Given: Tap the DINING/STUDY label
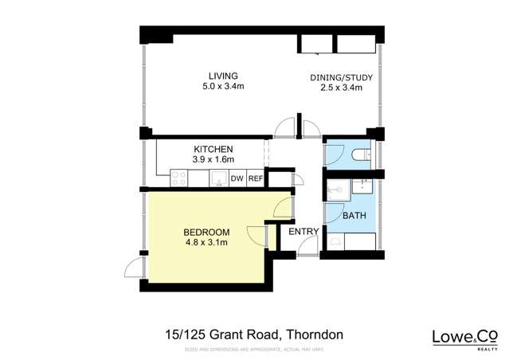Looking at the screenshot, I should (342, 78).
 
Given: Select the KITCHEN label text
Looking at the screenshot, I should (213, 149).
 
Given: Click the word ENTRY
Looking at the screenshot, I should (303, 232).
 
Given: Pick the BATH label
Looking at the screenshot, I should (354, 216).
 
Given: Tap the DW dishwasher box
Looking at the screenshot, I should (237, 179).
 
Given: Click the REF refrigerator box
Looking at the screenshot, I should (255, 179).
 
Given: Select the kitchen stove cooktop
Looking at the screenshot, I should (178, 179).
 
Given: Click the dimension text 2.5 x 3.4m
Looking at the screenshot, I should (342, 88).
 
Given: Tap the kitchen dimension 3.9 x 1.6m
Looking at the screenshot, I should (213, 159).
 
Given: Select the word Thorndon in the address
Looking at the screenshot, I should (314, 335).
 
